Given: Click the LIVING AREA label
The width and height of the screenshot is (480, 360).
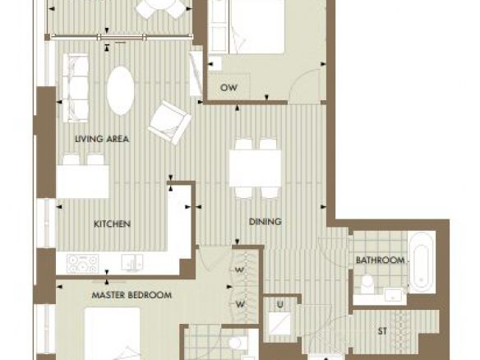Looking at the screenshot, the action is tap(102, 139).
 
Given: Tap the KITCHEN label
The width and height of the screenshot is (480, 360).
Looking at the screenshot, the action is tap(112, 224).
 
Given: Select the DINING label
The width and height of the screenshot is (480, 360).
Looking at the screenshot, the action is tap(265, 221).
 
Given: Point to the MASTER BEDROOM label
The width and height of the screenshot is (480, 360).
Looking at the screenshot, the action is tap(132, 295).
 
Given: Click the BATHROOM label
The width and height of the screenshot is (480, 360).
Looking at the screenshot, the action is tap(381, 261).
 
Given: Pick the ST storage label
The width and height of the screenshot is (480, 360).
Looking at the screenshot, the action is tap(382, 331).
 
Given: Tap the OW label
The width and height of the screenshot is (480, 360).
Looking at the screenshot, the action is tap(228, 88).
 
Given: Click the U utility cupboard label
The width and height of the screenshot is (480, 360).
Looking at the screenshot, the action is tap(279, 305).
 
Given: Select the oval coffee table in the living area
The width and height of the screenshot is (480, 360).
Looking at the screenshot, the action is tap(121, 90).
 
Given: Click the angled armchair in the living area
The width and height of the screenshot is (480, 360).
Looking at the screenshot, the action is tap(169, 122).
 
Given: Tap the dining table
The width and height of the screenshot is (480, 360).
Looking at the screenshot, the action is tap(255, 168).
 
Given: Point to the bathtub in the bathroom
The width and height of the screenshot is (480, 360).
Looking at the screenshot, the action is tap(422, 263).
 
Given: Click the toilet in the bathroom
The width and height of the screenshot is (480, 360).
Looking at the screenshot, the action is tap(367, 284).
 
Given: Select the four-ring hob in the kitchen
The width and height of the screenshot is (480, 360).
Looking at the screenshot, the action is tap(83, 264).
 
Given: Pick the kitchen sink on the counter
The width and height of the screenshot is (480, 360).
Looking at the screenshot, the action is tap(132, 263).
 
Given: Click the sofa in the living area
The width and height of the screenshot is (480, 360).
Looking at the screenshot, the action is tap(76, 88).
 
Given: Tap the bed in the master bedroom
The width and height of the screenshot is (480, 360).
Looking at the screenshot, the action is tap(112, 334).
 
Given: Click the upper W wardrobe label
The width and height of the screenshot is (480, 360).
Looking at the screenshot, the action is tap(240, 270).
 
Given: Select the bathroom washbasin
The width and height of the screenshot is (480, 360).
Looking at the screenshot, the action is tap(393, 294).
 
